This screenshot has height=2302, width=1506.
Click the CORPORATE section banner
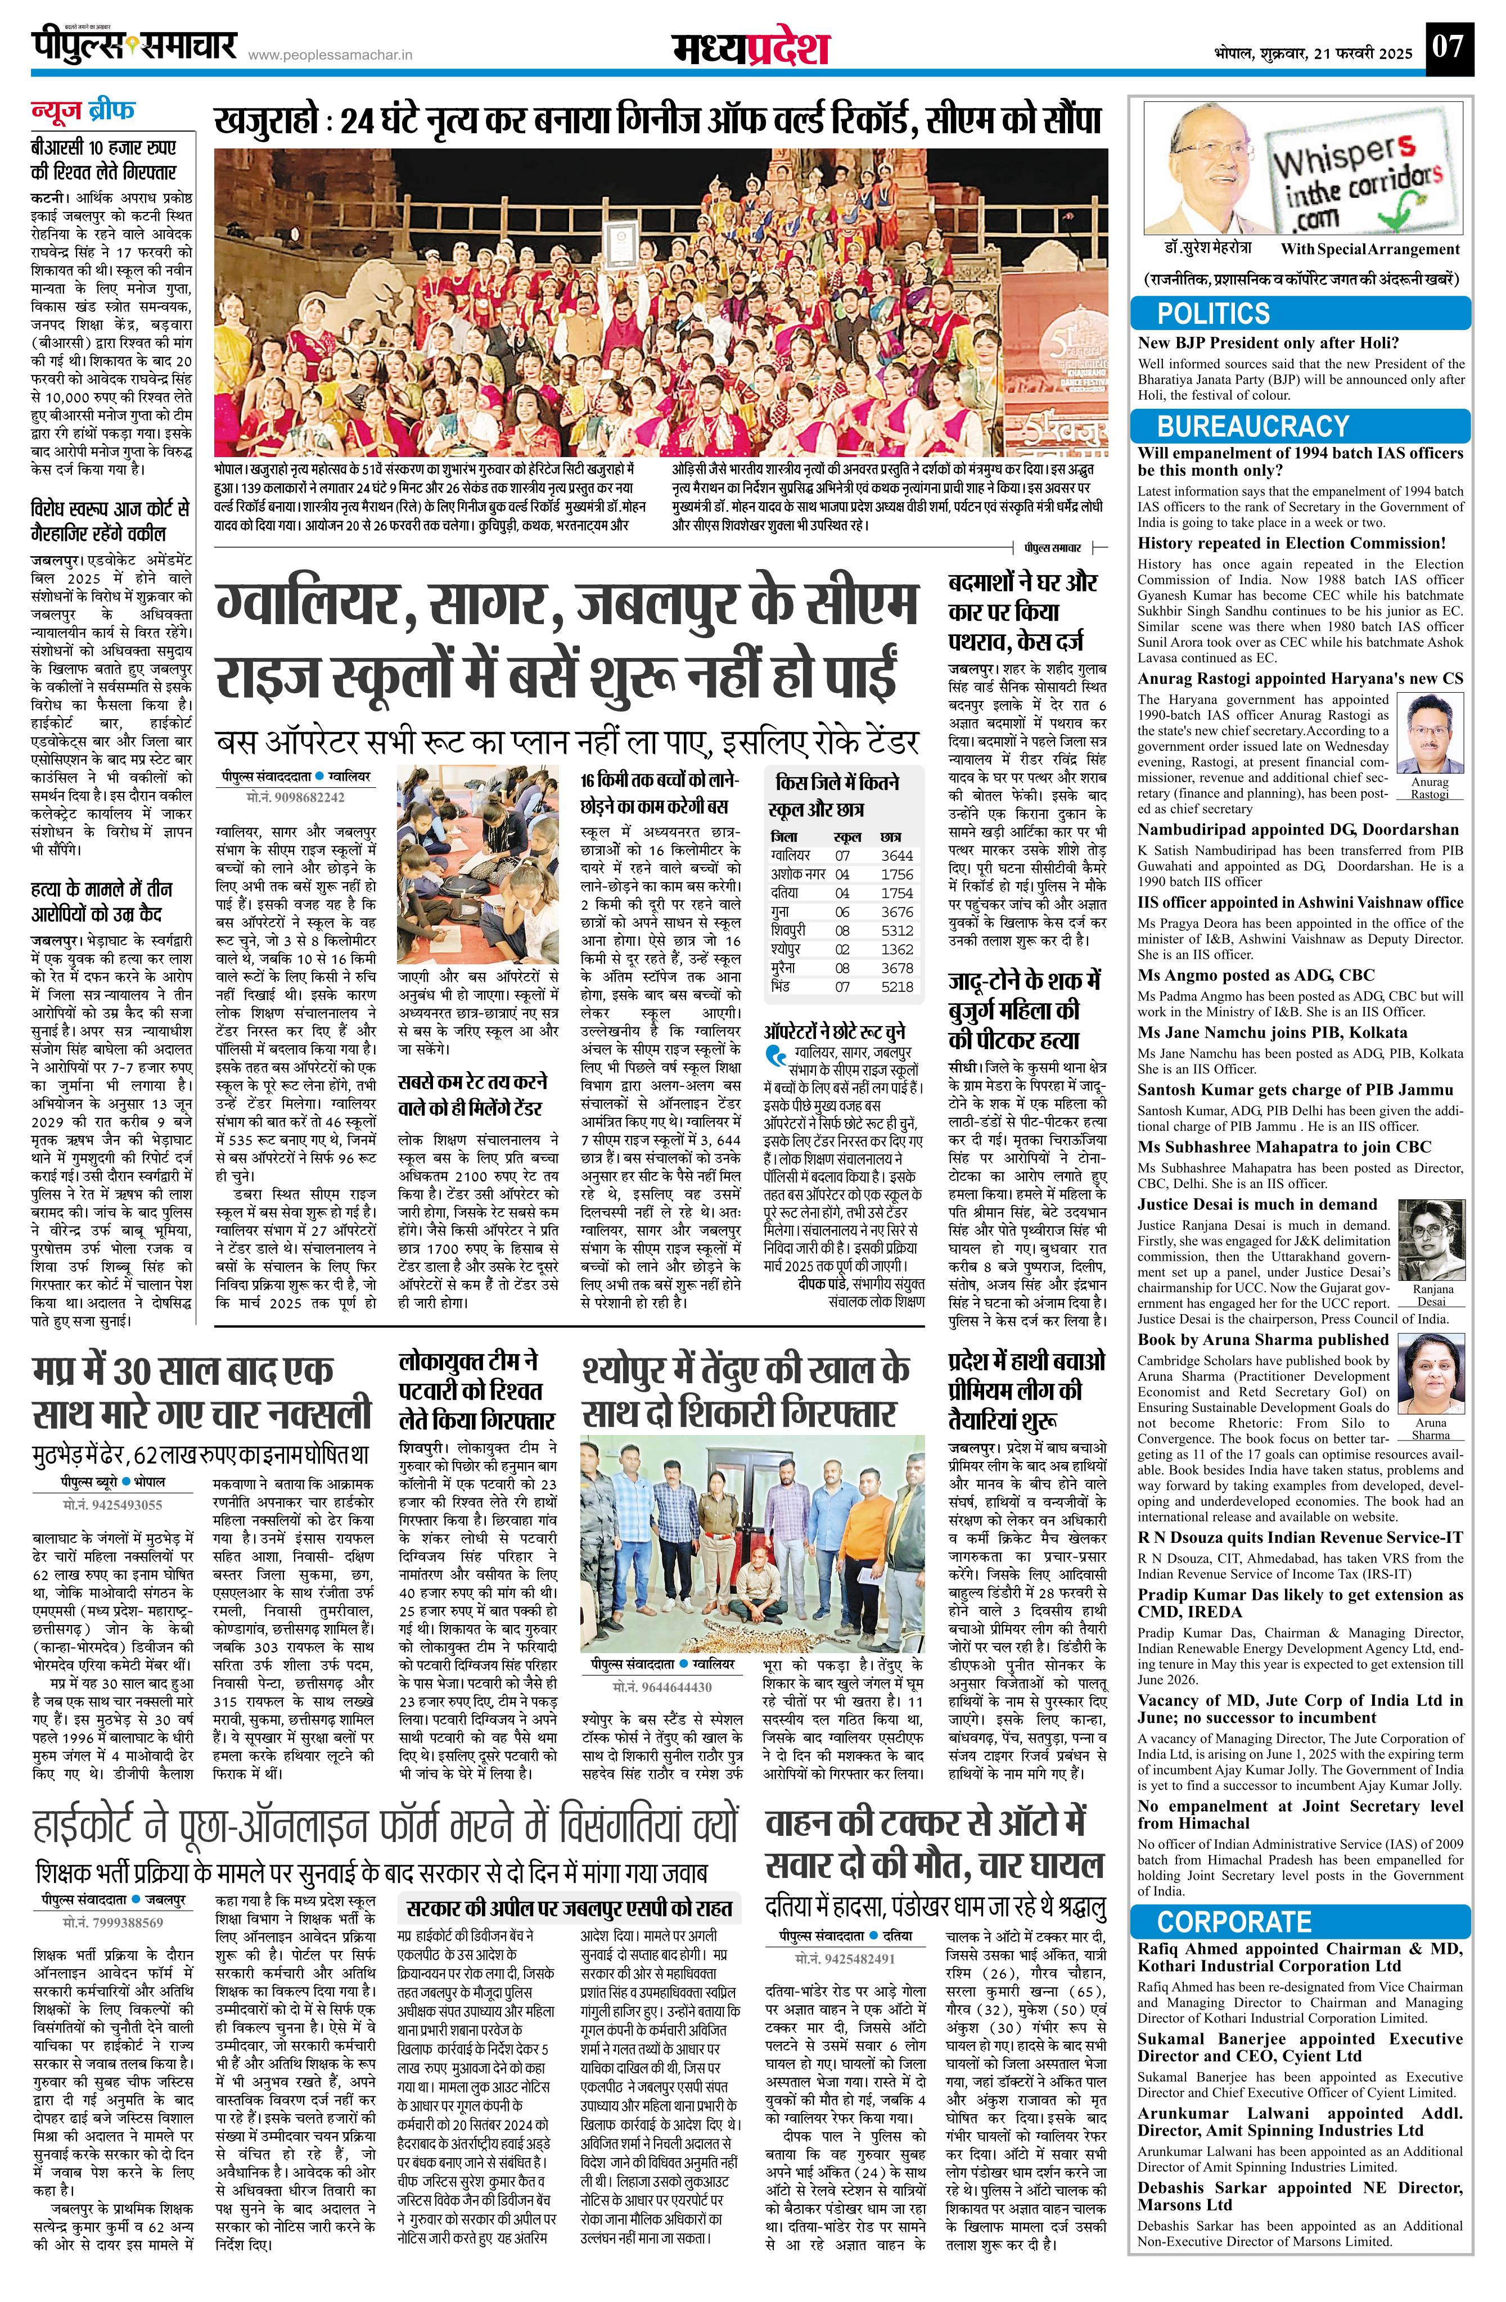click(1233, 1921)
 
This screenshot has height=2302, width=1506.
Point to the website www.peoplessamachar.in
click(331, 56)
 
